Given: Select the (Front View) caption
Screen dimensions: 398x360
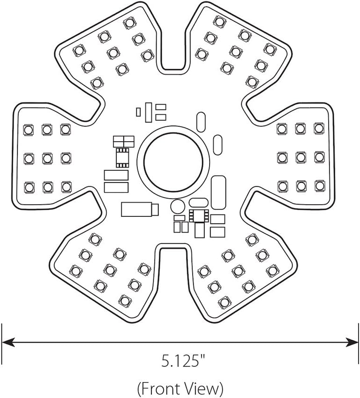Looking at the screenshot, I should pos(180,389).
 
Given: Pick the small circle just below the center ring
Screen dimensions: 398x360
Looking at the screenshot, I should pos(178,206).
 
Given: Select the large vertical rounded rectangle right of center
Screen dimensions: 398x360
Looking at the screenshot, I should pos(219,192).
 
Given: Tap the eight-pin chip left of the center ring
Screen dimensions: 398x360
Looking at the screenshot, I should pos(123,157).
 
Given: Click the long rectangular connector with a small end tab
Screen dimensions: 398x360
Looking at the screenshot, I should pos(139,209).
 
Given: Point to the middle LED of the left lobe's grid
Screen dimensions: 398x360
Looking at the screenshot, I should pos(46,158).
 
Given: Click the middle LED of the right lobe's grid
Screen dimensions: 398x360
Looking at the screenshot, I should pos(300,157).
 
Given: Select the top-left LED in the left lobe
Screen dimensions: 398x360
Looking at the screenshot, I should pos(28,129).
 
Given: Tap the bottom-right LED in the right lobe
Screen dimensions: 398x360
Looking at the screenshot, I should pos(320,185).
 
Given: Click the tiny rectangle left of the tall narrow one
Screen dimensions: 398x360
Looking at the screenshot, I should pos(138,112).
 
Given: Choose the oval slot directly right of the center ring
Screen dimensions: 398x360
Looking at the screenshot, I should pos(217,144).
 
